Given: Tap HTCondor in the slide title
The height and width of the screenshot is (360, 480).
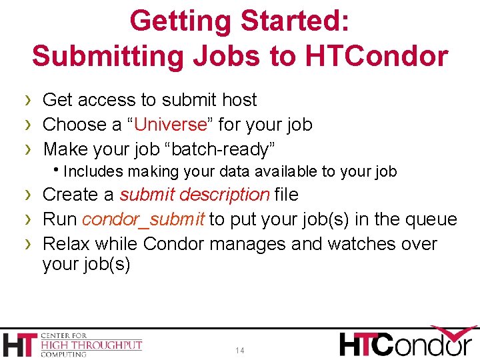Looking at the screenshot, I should tap(377, 55).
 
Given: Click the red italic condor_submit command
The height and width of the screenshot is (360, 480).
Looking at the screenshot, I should tap(144, 219).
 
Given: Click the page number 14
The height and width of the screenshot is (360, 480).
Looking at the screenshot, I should tap(240, 350).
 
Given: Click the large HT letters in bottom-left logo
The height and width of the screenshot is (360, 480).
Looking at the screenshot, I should tap(21, 344).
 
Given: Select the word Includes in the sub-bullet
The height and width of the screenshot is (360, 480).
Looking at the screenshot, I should tap(93, 172).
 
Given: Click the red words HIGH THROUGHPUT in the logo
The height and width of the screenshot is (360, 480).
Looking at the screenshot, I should tap(92, 345).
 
